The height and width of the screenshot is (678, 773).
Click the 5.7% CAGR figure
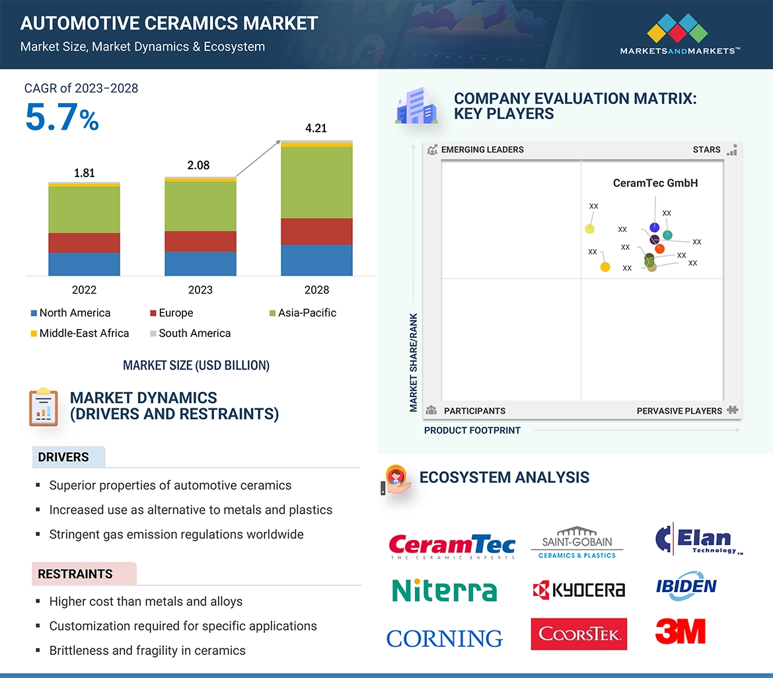(62, 118)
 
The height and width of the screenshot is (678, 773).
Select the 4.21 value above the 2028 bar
(316, 128)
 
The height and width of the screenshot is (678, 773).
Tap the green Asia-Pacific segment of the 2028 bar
(316, 182)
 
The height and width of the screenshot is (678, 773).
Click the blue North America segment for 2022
(84, 264)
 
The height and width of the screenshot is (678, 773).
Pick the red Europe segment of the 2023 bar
(200, 241)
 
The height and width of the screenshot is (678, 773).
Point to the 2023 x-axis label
(200, 289)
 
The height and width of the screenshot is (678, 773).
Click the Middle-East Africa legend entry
(79, 333)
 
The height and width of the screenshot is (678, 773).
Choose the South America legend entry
(190, 333)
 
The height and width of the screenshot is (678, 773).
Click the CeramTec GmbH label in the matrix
(655, 183)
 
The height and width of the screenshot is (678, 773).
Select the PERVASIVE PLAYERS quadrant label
(679, 410)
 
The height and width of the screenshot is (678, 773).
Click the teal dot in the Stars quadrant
(667, 235)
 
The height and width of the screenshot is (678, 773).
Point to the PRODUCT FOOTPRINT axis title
(472, 430)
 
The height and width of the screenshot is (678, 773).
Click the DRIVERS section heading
(63, 457)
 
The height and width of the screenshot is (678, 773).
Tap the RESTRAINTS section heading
(75, 574)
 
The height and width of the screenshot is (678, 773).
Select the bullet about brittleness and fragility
(147, 650)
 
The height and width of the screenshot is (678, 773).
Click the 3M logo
(680, 631)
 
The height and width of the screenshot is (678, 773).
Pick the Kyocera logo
(579, 589)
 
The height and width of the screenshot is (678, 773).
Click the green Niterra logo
(444, 590)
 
